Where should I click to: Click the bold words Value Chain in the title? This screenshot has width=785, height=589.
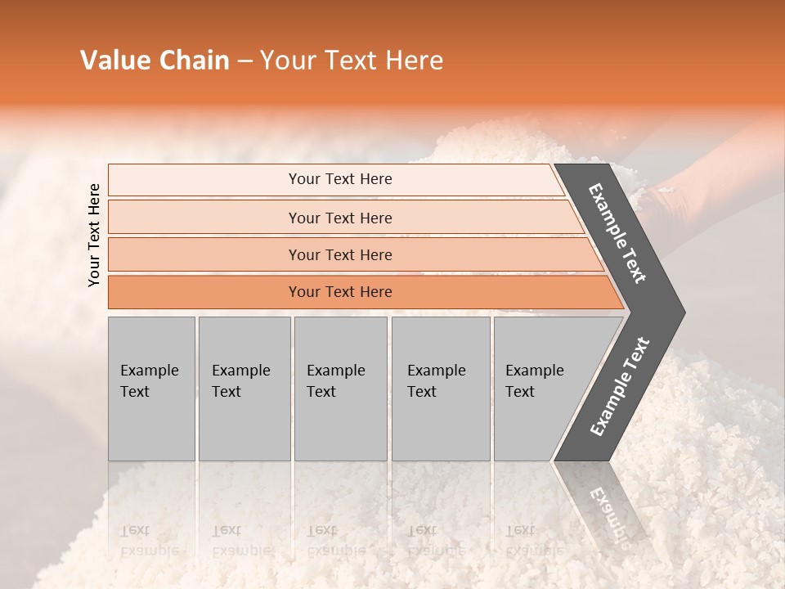(155, 61)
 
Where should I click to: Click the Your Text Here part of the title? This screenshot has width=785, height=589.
(352, 61)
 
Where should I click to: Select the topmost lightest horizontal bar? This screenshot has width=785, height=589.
(204, 180)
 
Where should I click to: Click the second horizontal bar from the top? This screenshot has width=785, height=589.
(204, 218)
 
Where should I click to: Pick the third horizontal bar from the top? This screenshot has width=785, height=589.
(204, 254)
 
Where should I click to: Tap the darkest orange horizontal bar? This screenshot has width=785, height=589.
(204, 292)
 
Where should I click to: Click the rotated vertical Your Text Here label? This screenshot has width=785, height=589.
(94, 235)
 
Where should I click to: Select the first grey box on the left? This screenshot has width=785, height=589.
(151, 389)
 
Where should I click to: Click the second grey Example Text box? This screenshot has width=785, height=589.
(244, 389)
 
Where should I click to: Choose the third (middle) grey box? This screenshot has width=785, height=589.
(340, 389)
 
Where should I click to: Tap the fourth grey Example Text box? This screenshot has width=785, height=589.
(441, 389)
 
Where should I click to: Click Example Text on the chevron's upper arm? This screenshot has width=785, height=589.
(618, 234)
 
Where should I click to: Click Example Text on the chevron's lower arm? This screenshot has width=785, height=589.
(620, 386)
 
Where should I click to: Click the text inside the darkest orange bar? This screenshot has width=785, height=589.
(340, 292)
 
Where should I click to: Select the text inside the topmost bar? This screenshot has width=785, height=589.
(340, 179)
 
